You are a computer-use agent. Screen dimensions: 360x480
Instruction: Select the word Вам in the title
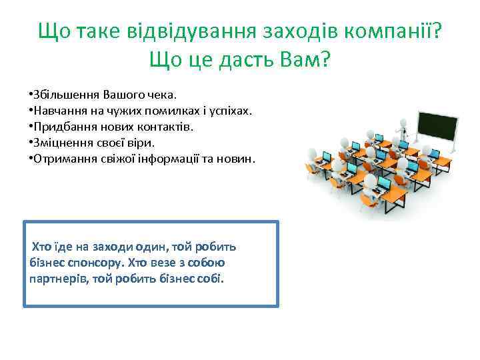[x=296, y=61]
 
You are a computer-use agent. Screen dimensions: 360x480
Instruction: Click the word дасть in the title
[x=235, y=61]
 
